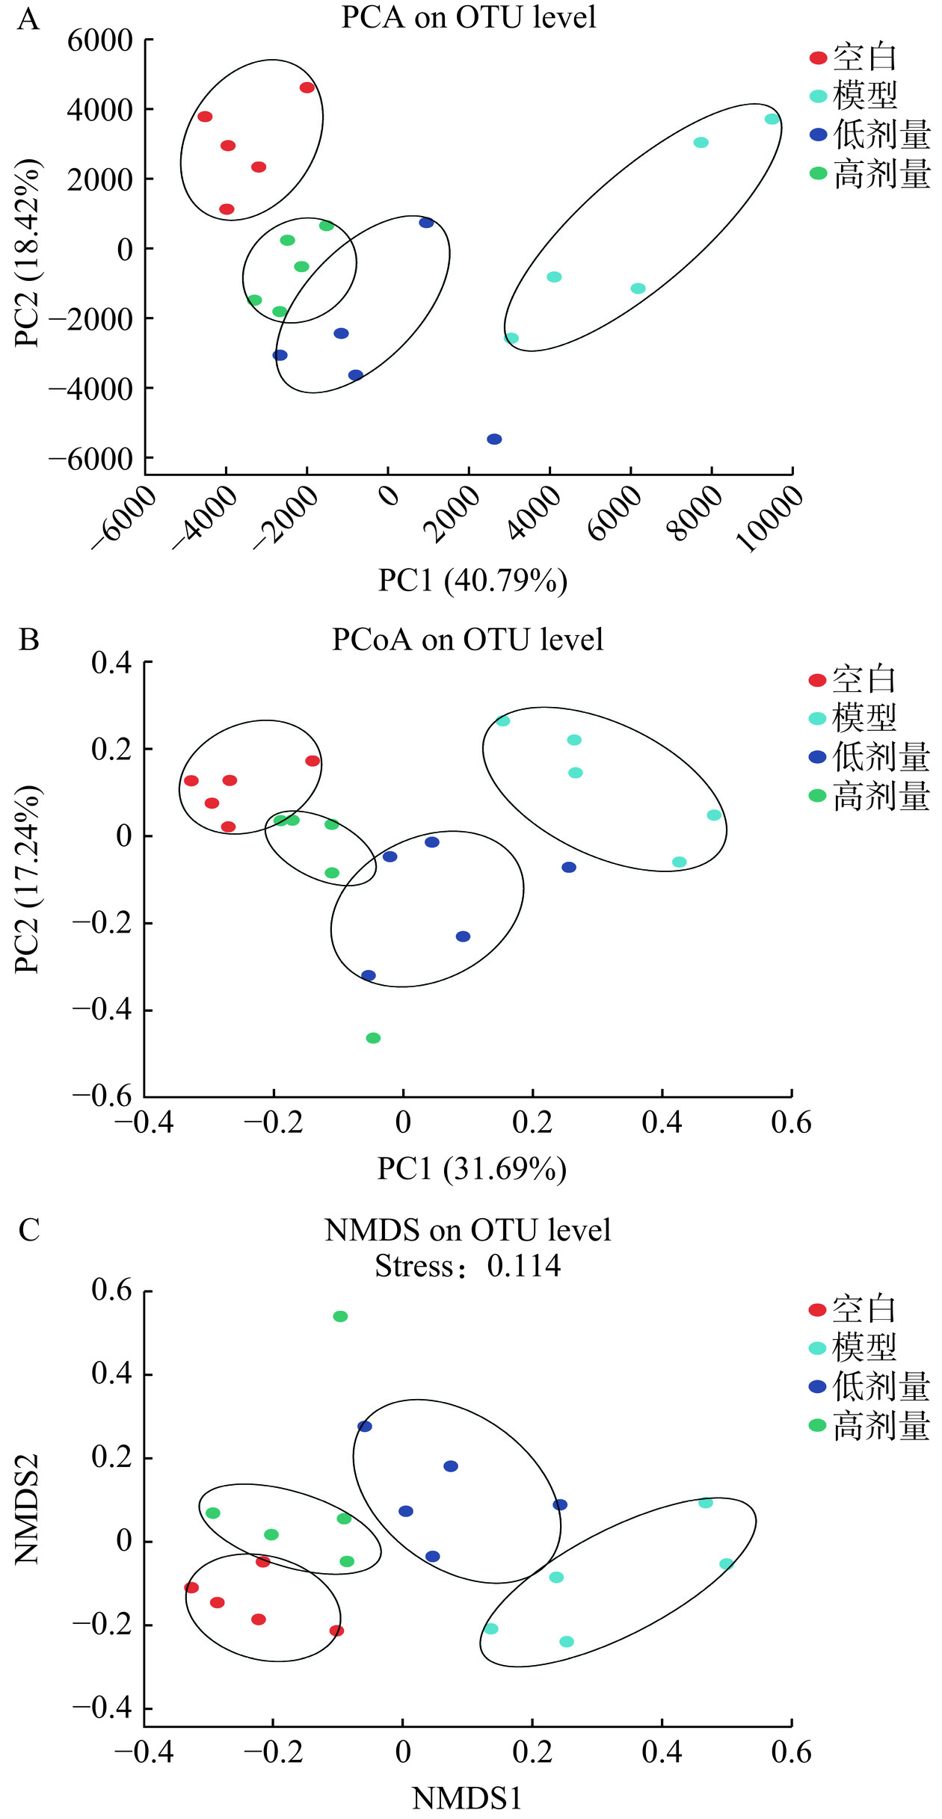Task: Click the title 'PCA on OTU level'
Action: (469, 17)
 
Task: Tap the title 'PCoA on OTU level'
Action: (468, 640)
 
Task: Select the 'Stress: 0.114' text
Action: (468, 1265)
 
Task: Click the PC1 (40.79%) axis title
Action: (472, 581)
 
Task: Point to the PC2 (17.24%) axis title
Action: (27, 879)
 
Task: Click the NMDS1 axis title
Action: (467, 1798)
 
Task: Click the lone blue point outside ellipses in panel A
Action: (494, 439)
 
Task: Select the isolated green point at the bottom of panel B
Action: (373, 1038)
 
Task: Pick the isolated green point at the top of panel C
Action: (340, 1316)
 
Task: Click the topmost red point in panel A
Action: (307, 87)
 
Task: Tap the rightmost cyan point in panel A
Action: (772, 119)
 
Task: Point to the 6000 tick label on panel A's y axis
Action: (100, 40)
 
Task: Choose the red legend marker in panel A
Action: (818, 58)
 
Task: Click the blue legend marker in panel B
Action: (817, 757)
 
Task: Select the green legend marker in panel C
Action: (817, 1425)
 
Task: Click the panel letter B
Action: (28, 640)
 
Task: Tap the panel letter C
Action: (28, 1230)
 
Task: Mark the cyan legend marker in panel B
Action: (817, 718)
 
